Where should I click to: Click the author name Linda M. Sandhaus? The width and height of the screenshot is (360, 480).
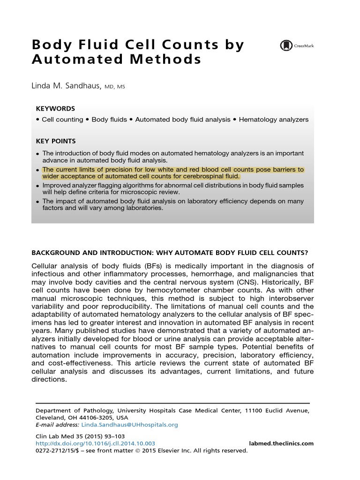[x=66, y=86]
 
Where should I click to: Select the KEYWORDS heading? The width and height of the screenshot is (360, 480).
[x=55, y=108]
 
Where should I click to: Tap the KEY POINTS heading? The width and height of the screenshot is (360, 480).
[x=56, y=141]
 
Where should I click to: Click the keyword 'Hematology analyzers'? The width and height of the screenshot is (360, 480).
[x=274, y=120]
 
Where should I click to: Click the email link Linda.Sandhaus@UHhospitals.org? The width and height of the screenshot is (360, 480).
[x=130, y=425]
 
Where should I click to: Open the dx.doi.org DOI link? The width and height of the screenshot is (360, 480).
[x=96, y=443]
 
